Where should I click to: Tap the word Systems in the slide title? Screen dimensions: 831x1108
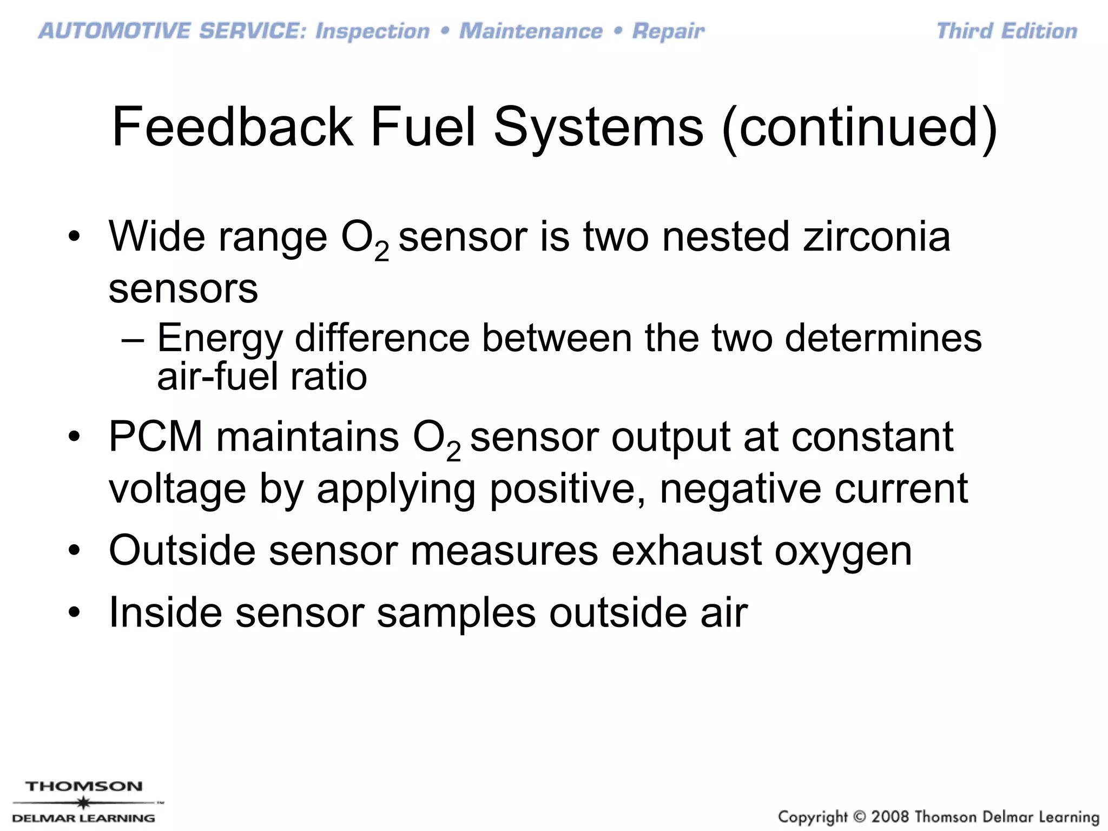click(x=598, y=128)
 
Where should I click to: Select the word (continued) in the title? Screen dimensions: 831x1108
click(x=859, y=128)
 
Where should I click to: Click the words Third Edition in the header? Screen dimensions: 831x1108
click(x=1006, y=31)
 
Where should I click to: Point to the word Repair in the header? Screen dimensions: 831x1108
click(x=668, y=31)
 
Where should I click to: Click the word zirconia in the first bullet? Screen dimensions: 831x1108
click(x=876, y=236)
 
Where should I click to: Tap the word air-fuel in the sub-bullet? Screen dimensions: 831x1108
click(x=216, y=377)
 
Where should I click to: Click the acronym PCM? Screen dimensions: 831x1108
click(x=155, y=437)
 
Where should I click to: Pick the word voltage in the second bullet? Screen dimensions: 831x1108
click(x=177, y=489)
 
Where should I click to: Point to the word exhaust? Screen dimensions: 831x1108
click(x=686, y=550)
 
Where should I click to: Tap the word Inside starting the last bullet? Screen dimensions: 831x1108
click(x=165, y=612)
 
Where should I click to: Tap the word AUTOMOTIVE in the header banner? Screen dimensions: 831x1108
click(x=114, y=31)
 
